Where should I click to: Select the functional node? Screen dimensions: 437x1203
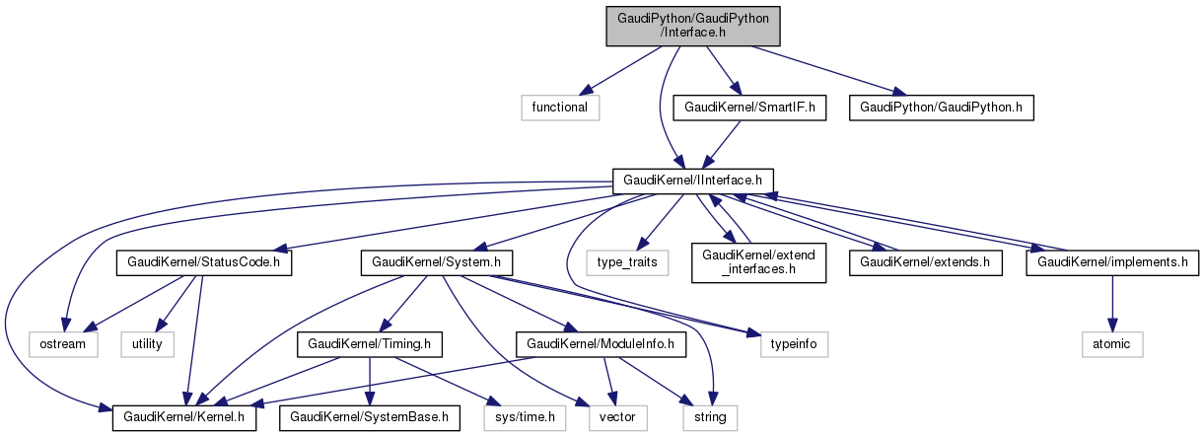click(560, 107)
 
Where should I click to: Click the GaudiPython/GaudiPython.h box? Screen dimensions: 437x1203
click(941, 107)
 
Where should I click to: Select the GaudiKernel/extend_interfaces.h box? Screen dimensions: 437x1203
click(758, 263)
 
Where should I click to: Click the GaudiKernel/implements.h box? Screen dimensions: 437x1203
click(1112, 263)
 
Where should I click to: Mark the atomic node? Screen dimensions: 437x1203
click(1112, 344)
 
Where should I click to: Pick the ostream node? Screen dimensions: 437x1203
click(63, 344)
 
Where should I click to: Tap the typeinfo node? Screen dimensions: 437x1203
click(794, 344)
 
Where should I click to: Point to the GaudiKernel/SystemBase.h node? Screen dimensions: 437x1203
click(369, 417)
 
